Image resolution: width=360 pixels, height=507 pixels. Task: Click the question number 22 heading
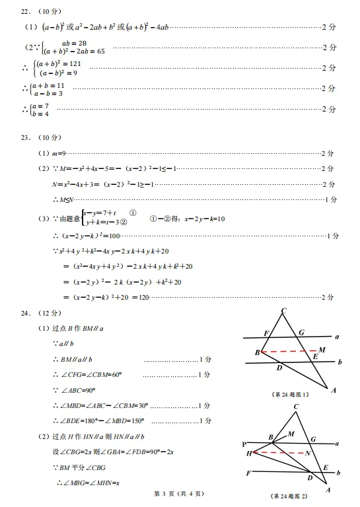[25, 12]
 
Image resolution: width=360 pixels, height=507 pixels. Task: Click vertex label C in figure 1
[283, 312]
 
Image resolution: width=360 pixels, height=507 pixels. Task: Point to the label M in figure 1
[322, 349]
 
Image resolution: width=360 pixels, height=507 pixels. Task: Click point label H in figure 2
[249, 454]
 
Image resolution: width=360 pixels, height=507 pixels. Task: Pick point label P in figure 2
[244, 444]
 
